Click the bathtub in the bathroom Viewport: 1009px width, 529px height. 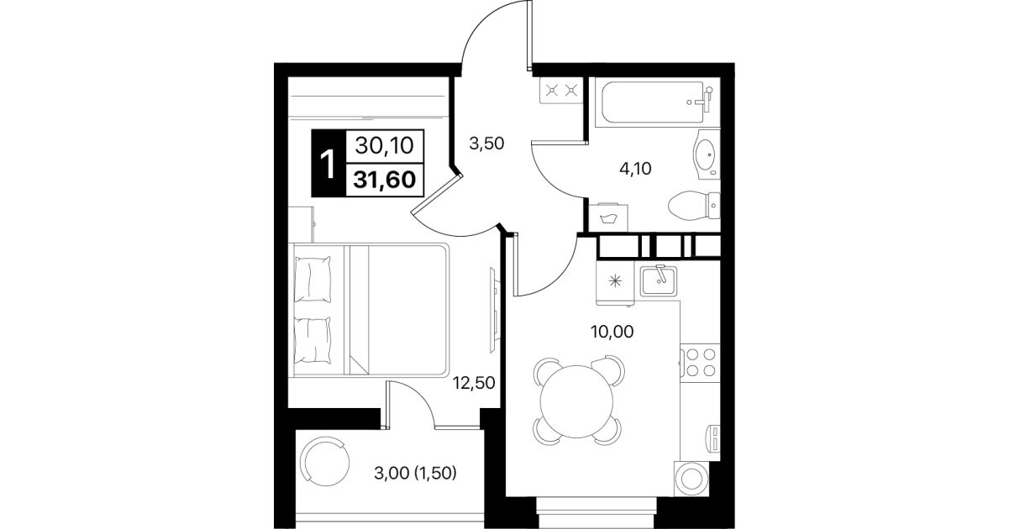tap(657, 102)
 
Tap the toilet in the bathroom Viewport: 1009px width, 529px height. tap(694, 206)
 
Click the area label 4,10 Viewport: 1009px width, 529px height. tap(636, 169)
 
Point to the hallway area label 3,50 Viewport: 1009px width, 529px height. tap(486, 144)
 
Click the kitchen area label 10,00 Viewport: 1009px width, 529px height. tap(612, 332)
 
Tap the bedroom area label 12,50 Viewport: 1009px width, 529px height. tap(474, 383)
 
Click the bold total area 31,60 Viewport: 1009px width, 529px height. tap(384, 180)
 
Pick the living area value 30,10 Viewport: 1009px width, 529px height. tap(384, 146)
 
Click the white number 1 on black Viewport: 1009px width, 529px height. tap(328, 165)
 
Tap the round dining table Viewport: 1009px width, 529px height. tap(576, 401)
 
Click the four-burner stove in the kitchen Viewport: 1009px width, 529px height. tap(700, 363)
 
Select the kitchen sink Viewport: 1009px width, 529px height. tap(659, 280)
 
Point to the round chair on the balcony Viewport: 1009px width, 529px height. tap(325, 463)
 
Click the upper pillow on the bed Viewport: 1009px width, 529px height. tap(313, 280)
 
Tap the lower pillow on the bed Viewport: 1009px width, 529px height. tap(313, 340)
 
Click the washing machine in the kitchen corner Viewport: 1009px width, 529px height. tap(691, 479)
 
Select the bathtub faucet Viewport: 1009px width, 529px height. tap(705, 99)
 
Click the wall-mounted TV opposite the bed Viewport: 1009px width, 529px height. tap(494, 310)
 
